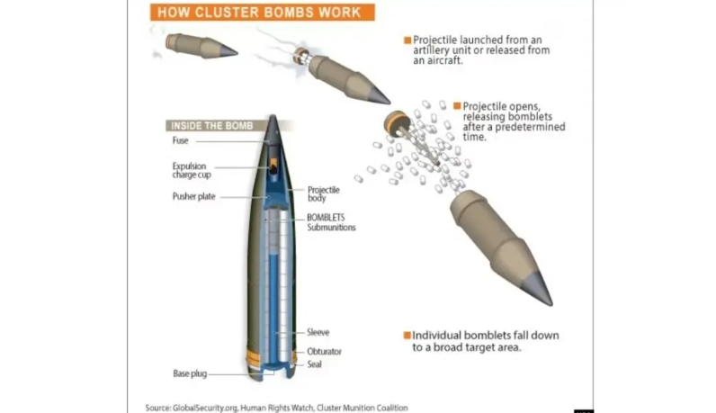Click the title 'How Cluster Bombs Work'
point(259,13)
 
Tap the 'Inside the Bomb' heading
point(212,126)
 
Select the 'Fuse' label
point(181,140)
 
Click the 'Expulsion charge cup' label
point(192,170)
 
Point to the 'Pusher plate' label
point(193,196)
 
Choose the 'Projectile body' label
point(323,193)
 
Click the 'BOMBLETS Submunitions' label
point(331,222)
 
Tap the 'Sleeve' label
point(318,332)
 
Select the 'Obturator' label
point(324,351)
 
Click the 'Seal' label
point(314,364)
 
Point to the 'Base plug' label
point(190,373)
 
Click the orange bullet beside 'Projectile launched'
point(407,40)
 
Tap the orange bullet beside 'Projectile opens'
point(457,106)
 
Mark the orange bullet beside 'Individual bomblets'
point(407,336)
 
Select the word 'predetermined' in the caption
point(530,127)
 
